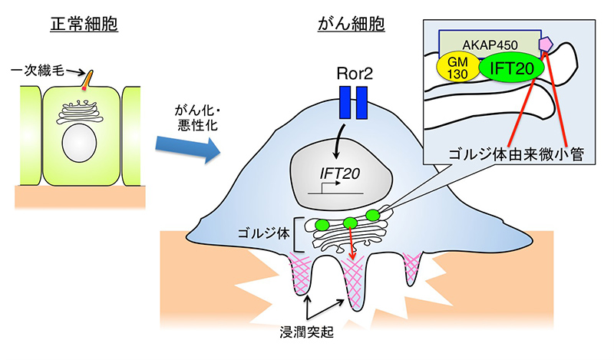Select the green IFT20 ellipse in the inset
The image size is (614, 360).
coord(513,68)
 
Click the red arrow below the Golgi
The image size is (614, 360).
coord(352,245)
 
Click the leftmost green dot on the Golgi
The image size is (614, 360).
coord(322,225)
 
